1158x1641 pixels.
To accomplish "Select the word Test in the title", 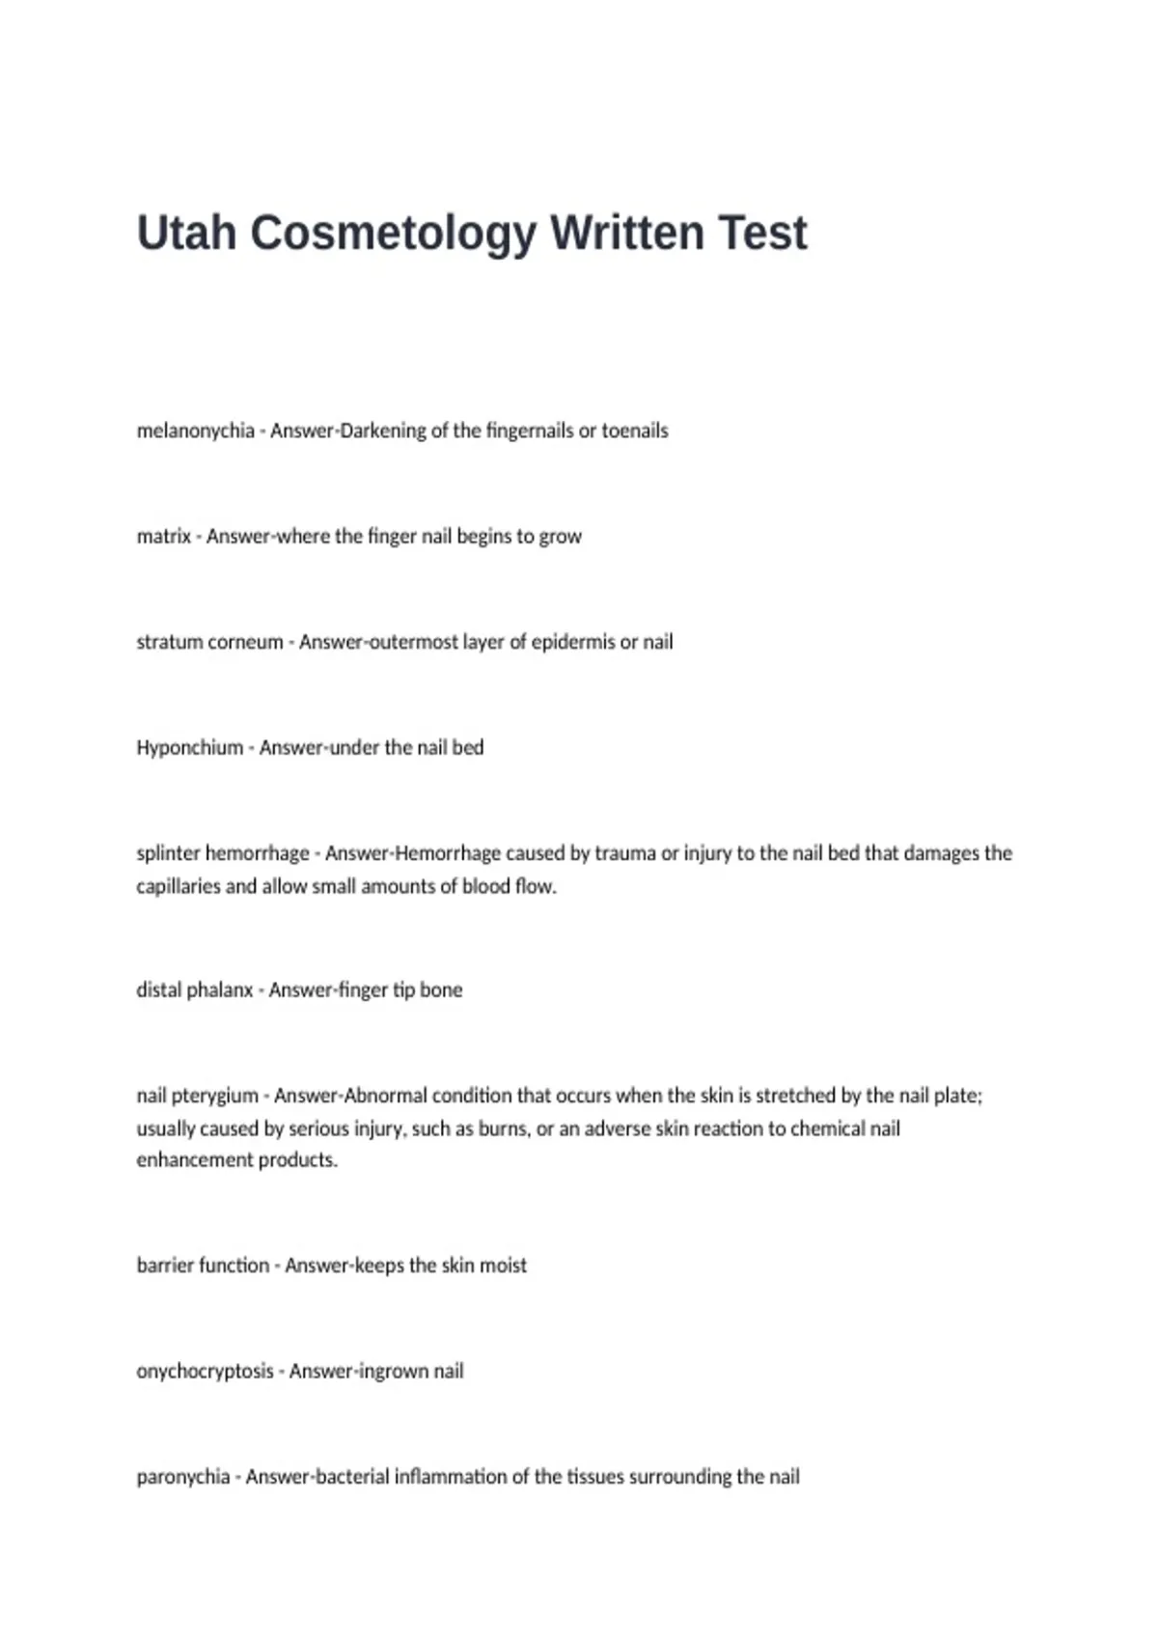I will point(762,233).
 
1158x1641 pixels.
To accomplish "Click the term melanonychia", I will point(195,431).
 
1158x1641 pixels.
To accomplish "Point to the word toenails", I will point(635,431).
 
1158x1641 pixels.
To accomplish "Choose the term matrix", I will point(163,536).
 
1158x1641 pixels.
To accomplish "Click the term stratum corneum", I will point(209,642).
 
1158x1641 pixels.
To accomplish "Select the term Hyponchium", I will point(189,747).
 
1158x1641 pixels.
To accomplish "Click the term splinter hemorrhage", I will point(223,853).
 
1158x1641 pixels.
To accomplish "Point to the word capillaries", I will point(179,886).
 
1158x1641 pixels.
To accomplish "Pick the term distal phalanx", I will point(194,989).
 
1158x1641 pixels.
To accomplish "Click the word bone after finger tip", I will point(441,989).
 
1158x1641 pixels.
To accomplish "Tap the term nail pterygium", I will point(197,1096).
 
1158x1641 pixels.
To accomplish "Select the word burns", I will point(502,1128).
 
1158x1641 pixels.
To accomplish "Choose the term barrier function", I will point(203,1266).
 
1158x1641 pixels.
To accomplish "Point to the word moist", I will point(503,1266).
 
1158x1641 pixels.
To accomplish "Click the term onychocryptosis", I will point(205,1371).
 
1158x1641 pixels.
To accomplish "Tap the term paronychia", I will point(183,1477).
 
